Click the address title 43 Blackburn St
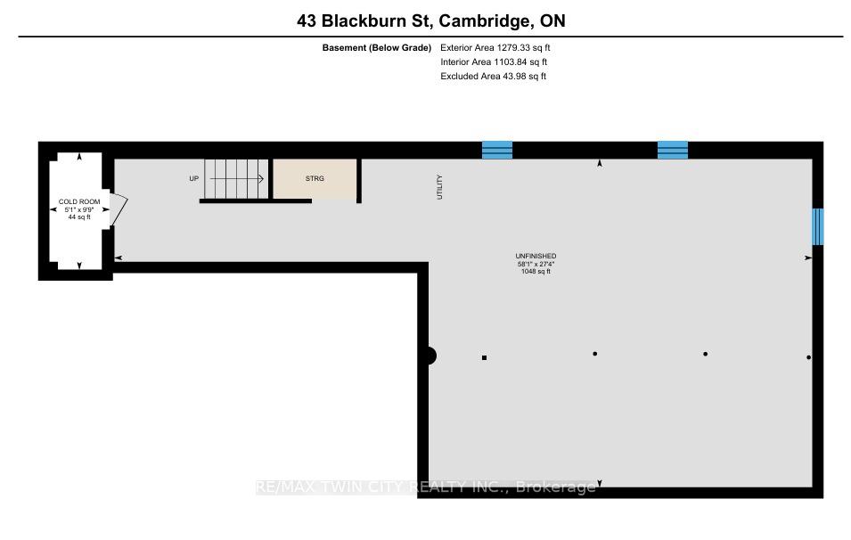[x=364, y=21]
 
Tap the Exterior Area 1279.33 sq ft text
[x=495, y=48]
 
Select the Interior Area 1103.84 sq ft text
[x=494, y=61]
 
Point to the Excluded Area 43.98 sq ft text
[x=493, y=76]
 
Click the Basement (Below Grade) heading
[x=377, y=48]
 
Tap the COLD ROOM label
[x=79, y=201]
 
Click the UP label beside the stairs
[x=193, y=178]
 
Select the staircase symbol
[x=236, y=178]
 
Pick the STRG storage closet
[x=315, y=178]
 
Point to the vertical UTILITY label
[x=439, y=187]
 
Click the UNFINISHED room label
[x=536, y=256]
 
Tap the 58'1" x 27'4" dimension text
[x=536, y=264]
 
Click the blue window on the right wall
[x=818, y=227]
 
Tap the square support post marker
[x=484, y=357]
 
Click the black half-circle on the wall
[x=430, y=356]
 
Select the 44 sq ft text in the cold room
[x=79, y=217]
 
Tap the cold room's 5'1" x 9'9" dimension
[x=79, y=209]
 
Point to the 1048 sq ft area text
[x=536, y=272]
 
